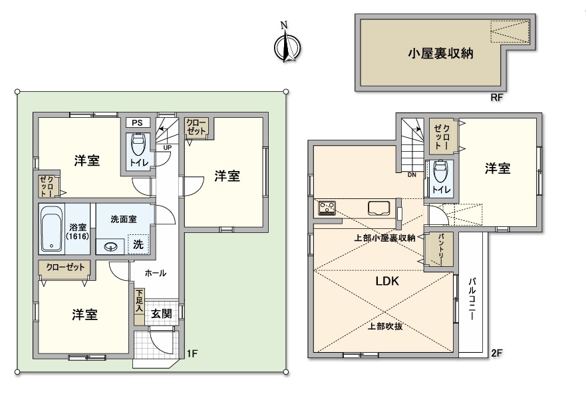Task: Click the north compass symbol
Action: [287, 47]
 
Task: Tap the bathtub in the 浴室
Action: [52, 228]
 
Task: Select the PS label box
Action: [137, 122]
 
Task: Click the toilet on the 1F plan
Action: [138, 144]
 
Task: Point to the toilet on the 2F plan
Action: [441, 171]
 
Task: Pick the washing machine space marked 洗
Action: [138, 244]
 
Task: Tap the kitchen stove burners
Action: [327, 208]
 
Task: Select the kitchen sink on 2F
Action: [379, 208]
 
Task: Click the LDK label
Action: [387, 282]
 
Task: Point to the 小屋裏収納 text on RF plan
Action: [440, 53]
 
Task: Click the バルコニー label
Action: [472, 299]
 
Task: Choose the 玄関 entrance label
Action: [162, 313]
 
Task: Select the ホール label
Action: [155, 273]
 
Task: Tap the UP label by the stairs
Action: [168, 148]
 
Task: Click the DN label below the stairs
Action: [412, 174]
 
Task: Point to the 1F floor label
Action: [192, 353]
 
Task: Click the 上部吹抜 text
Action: [385, 326]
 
